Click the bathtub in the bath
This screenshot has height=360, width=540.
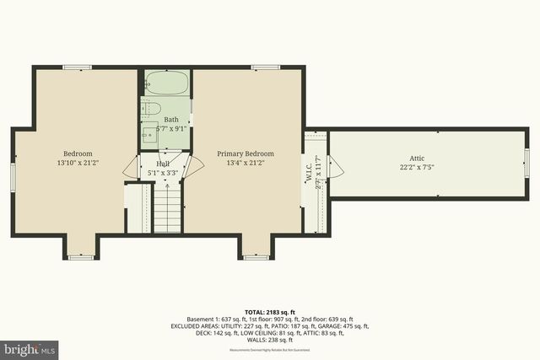coord(167,83)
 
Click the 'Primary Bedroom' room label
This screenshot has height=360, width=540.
coord(246,153)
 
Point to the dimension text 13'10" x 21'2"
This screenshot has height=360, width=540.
coord(78,163)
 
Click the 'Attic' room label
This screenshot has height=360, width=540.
coord(418,158)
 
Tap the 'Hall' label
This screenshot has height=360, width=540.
coord(163,164)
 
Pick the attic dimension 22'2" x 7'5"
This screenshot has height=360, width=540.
coord(418,167)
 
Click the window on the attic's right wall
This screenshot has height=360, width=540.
coord(526,163)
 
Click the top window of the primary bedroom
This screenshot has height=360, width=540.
coord(265,67)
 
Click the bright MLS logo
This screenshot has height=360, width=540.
coord(29,347)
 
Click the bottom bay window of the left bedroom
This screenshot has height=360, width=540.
coord(80,256)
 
